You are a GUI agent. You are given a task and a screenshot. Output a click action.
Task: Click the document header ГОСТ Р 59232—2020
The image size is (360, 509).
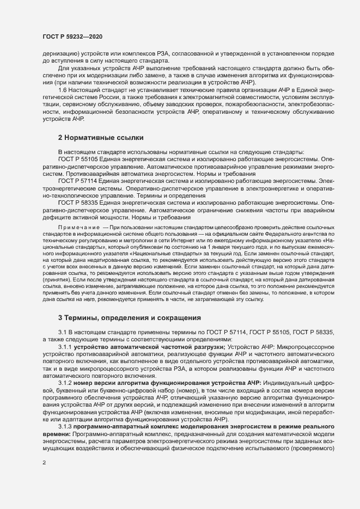point(72,36)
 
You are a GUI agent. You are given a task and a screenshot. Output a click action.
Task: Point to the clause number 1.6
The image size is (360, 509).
point(63,89)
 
